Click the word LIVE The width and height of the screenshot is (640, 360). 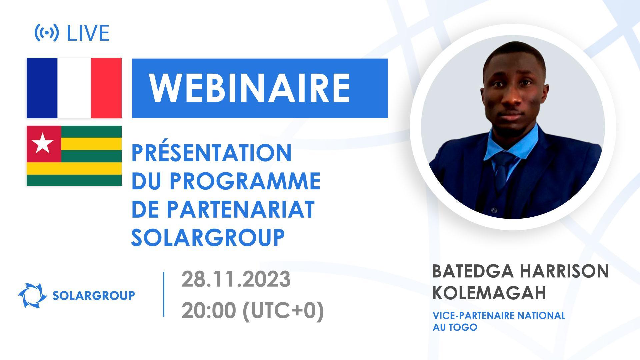click(x=88, y=33)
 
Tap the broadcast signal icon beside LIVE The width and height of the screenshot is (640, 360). click(x=47, y=33)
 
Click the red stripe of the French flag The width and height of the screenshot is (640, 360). click(x=106, y=88)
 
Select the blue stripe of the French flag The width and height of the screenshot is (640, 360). click(x=42, y=88)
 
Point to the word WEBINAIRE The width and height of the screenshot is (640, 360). click(x=250, y=88)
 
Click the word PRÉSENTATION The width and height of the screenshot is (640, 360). click(x=212, y=153)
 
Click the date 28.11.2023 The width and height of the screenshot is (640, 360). click(x=236, y=279)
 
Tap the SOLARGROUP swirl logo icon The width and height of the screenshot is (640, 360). click(x=32, y=295)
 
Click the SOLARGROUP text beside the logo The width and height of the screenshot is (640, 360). click(x=94, y=295)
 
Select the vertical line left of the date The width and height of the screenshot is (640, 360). click(x=164, y=294)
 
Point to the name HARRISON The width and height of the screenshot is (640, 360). click(x=565, y=271)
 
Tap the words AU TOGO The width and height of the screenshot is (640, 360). click(x=455, y=327)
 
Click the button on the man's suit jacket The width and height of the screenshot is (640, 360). click(x=494, y=210)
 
